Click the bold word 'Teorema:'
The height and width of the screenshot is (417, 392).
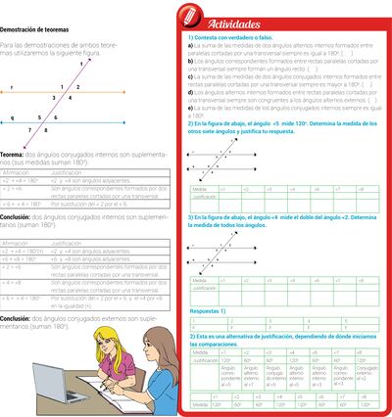13,154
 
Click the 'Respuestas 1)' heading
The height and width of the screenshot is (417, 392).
207,309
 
